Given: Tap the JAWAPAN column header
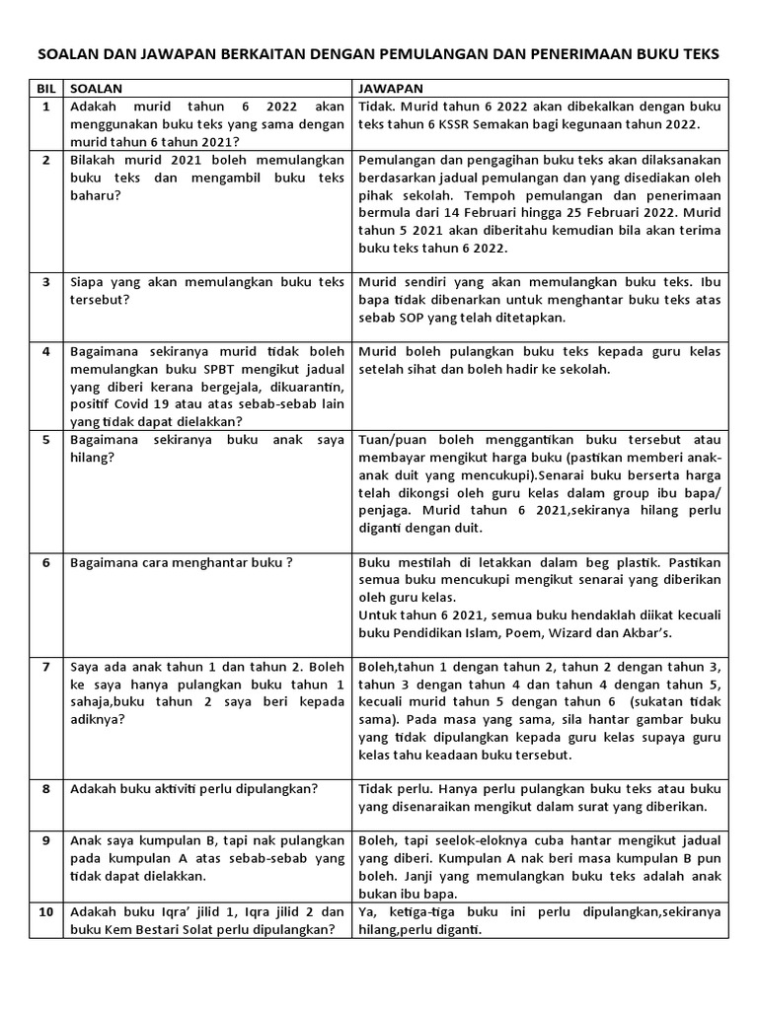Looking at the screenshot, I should [391, 88].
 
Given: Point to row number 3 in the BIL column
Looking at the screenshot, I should [45, 281].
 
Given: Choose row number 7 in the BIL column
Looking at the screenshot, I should [45, 667].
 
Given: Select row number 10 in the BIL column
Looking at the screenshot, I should [45, 912].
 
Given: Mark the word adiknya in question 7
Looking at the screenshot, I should [97, 720].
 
